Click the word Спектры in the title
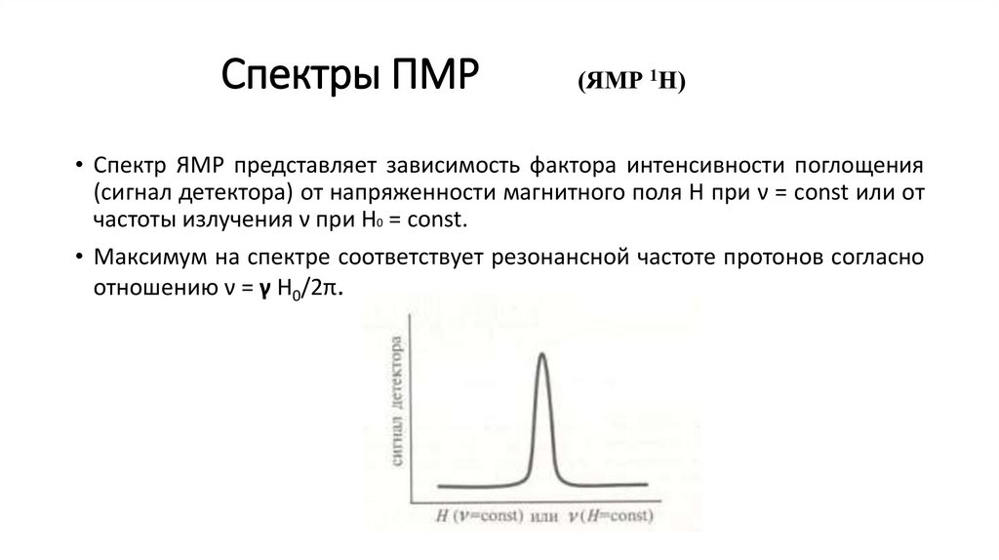click(292, 76)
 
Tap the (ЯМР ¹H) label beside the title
click(632, 82)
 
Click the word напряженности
click(371, 191)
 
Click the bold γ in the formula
click(262, 290)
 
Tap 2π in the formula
click(327, 289)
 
